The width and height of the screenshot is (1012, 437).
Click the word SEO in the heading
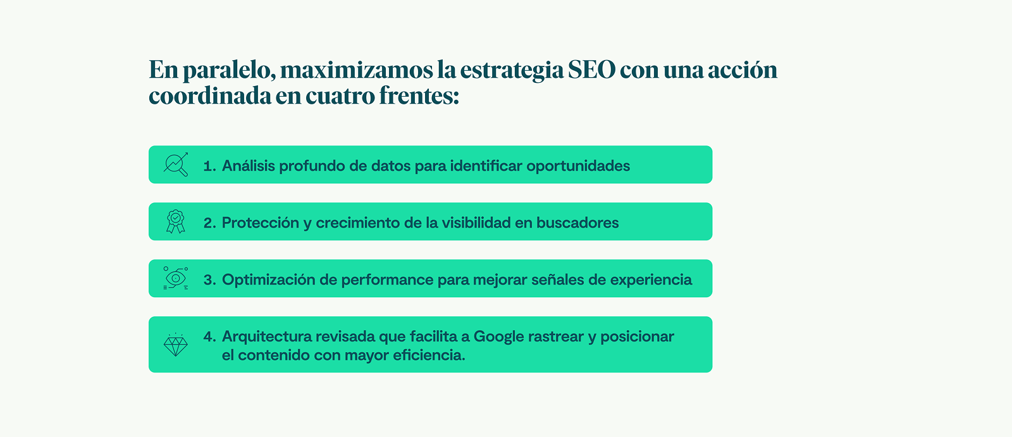591,70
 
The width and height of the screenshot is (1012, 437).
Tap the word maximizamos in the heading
356,70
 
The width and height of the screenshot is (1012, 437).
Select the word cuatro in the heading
340,95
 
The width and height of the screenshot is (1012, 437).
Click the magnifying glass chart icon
176,164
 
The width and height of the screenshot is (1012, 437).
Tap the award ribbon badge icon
176,221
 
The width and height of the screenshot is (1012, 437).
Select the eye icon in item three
176,278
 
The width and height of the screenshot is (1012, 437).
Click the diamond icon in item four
176,345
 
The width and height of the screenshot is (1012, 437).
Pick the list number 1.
209,166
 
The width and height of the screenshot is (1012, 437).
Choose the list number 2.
209,223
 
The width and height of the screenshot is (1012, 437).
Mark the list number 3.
209,280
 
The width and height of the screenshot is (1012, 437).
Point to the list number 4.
209,336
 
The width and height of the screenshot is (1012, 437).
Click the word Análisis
249,166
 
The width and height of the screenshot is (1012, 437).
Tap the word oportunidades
578,166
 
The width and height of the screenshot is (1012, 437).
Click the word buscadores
577,223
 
